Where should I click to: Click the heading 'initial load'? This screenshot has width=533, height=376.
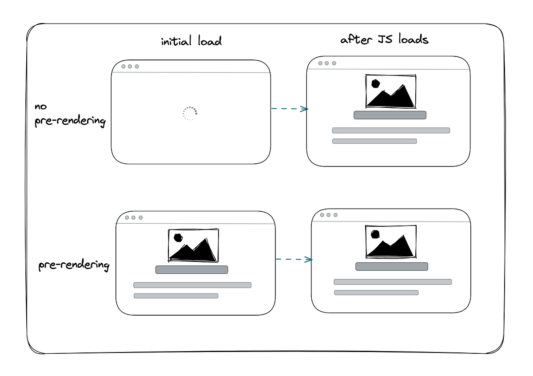191,42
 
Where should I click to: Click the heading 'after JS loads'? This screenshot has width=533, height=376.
384,40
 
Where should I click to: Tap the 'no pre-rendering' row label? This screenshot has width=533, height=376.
70,114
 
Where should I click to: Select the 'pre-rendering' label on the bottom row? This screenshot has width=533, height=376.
74,265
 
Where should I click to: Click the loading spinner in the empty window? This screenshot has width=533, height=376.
190,114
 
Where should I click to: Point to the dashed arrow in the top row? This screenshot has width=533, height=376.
290,109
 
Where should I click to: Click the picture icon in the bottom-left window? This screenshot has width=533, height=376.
193,245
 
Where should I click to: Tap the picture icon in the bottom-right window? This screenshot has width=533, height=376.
391,241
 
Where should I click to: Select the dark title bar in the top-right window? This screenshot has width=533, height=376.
390,115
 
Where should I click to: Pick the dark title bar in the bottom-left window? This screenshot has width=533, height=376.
191,269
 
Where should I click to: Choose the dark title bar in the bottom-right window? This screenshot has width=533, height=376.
392,266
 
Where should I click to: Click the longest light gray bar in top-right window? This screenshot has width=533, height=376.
391,131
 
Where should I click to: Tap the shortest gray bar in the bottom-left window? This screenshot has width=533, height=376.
176,296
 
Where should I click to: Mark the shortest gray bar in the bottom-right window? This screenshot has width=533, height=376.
376,293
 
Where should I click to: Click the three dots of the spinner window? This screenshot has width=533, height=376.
130,67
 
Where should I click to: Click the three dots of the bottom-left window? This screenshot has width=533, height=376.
134,218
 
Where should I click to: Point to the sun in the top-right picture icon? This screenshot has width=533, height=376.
375,83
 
